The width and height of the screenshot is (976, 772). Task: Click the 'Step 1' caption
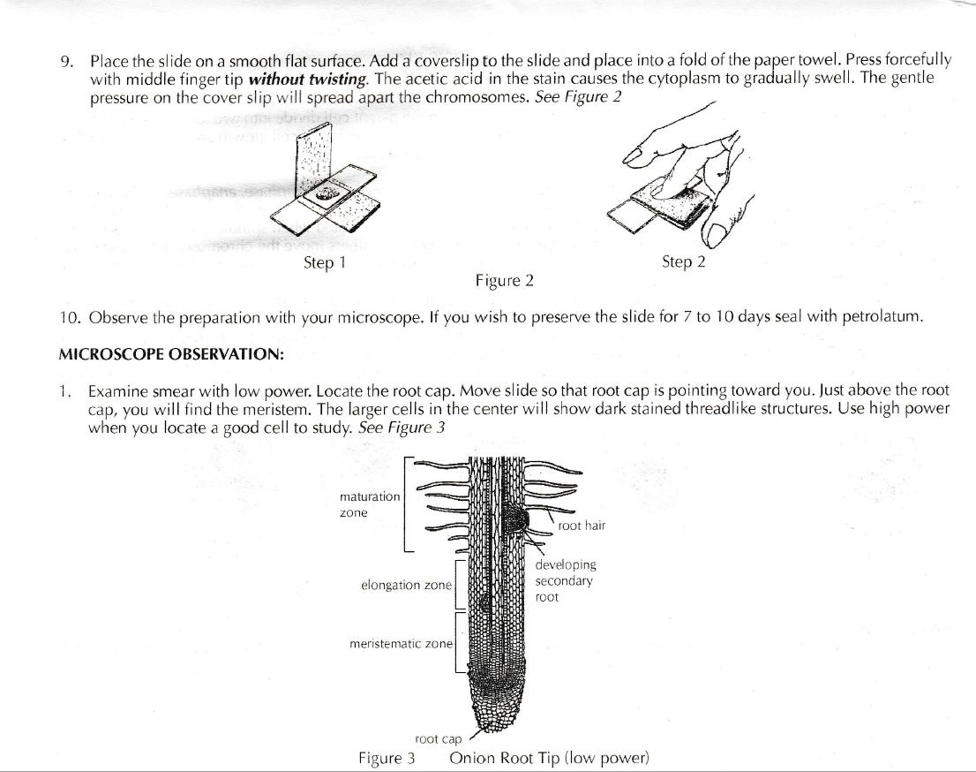click(319, 262)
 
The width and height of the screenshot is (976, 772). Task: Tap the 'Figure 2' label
click(504, 281)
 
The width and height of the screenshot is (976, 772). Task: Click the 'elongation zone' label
click(406, 585)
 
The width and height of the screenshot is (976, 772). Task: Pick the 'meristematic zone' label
click(401, 644)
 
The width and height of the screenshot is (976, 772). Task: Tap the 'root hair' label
click(582, 526)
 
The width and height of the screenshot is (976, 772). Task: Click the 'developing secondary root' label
click(565, 580)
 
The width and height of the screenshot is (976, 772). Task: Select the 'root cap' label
click(439, 739)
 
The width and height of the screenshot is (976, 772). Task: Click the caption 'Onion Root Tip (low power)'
click(549, 758)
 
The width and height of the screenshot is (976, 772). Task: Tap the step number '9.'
click(67, 61)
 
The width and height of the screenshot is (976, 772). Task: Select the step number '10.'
click(70, 316)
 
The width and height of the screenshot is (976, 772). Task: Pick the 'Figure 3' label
click(387, 758)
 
